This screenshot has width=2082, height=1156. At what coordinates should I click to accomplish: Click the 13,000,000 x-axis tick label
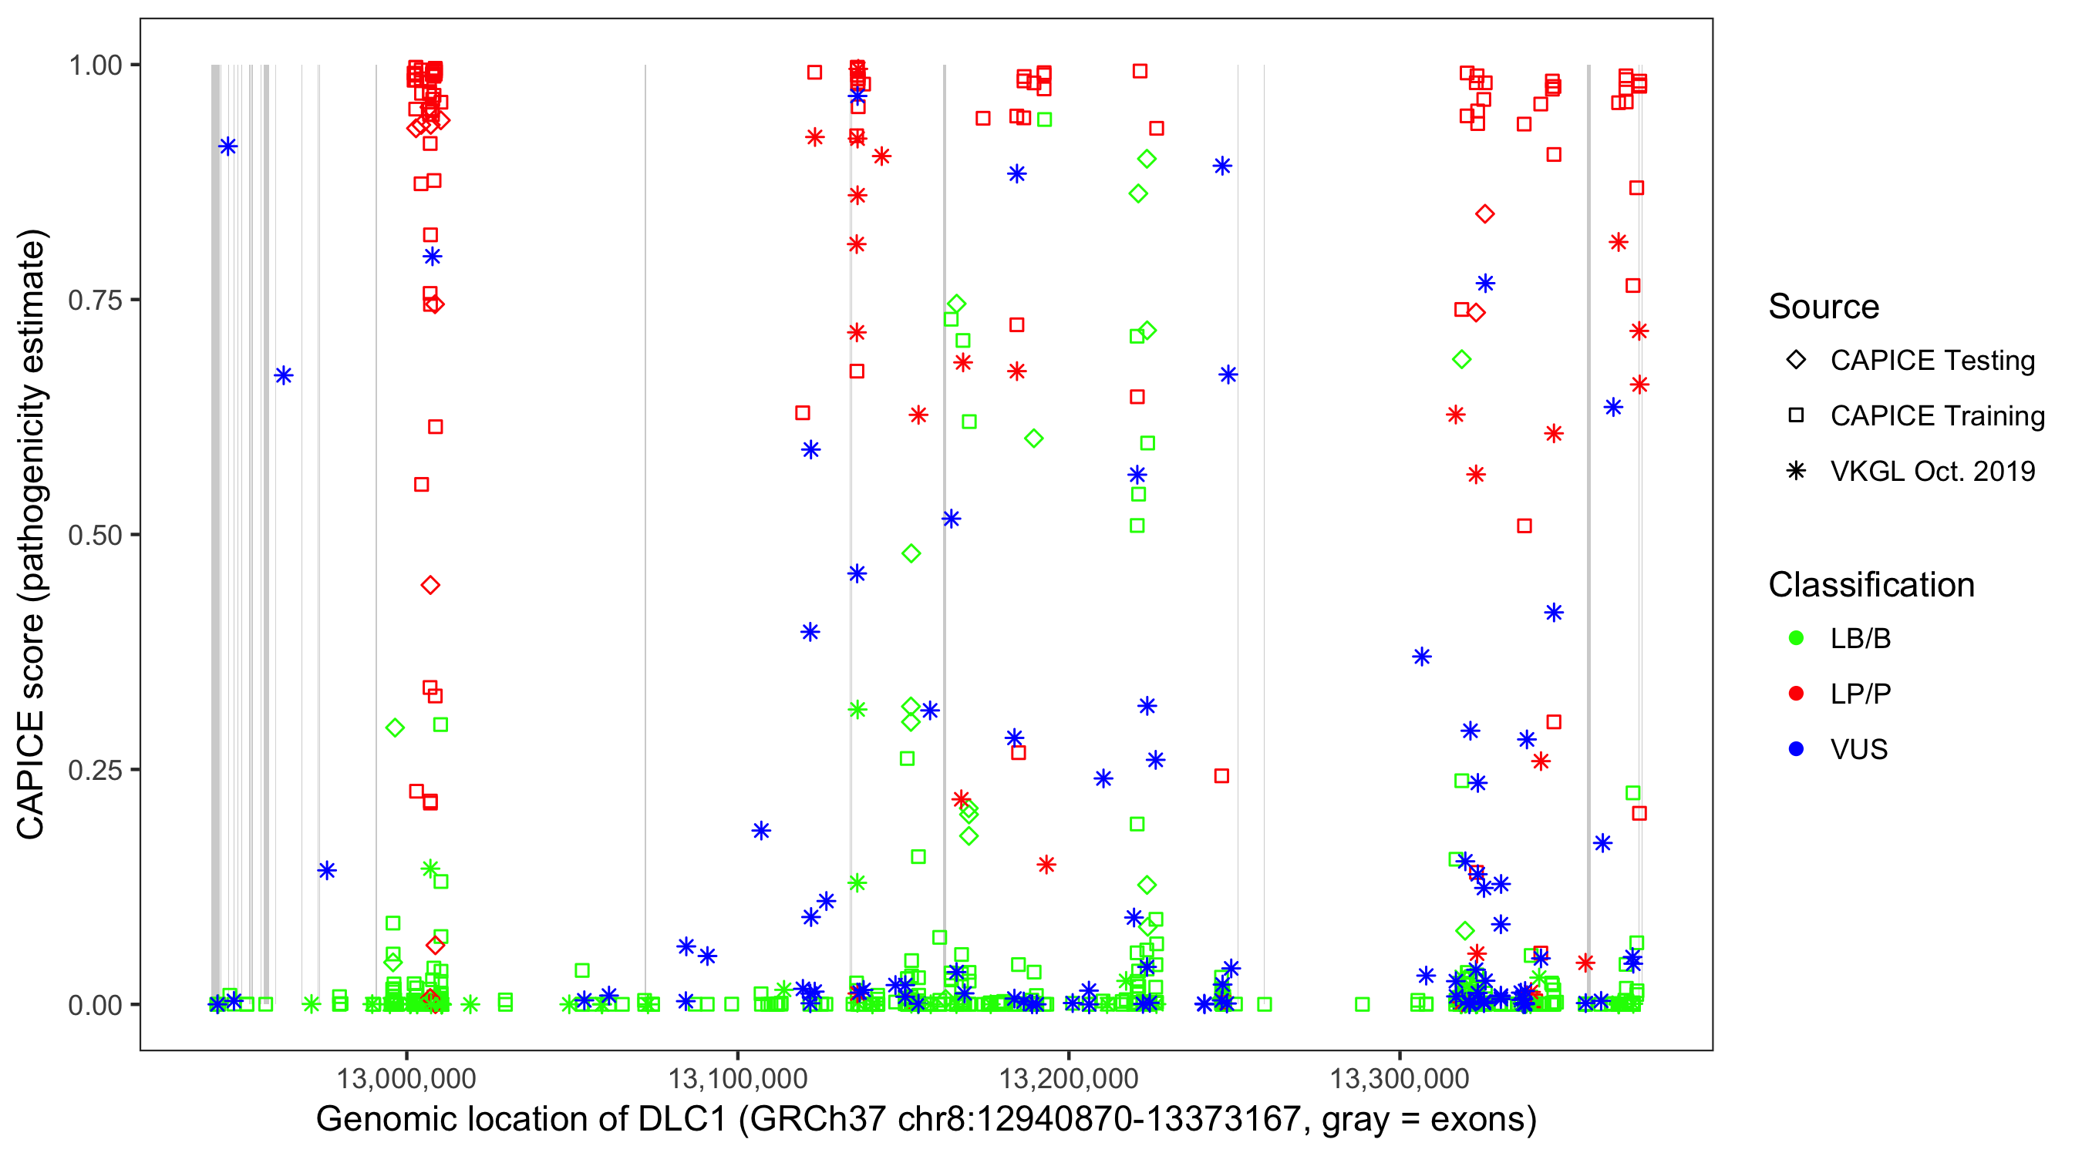point(406,1077)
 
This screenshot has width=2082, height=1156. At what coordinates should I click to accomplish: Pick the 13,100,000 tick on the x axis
point(737,1077)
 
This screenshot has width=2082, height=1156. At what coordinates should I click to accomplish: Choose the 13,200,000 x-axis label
point(1069,1077)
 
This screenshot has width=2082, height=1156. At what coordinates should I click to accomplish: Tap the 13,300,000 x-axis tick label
point(1399,1077)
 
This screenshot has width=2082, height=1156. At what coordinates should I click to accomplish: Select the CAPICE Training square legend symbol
point(1796,415)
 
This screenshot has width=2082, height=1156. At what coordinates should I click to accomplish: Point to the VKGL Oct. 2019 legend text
point(1932,471)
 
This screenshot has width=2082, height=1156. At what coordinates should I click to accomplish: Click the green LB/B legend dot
point(1796,638)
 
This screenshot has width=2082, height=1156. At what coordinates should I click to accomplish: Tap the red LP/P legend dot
point(1796,694)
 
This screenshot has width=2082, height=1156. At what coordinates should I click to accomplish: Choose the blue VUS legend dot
point(1796,749)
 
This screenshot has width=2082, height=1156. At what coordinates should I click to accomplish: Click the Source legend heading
point(1824,307)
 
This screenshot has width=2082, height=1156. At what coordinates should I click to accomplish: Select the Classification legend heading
point(1871,585)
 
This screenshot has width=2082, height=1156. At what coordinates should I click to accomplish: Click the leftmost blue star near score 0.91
point(228,146)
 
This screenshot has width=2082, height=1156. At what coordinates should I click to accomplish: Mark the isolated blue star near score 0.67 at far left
point(283,375)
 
